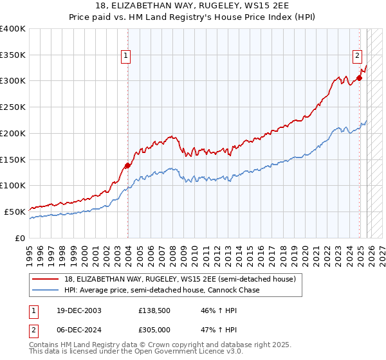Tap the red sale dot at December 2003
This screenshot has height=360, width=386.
[127, 165]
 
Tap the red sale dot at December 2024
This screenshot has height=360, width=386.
[360, 78]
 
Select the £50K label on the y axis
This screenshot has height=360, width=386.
[15, 212]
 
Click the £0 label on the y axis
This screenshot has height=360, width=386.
[19, 238]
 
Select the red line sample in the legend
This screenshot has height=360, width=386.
[45, 279]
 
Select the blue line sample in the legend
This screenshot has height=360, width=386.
[45, 290]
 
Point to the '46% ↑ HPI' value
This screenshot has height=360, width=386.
[210, 310]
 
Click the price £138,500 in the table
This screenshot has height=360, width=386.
[153, 310]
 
